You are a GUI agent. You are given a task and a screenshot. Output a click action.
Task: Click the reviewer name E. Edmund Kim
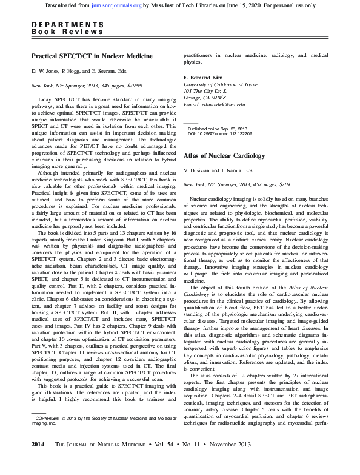[204, 78]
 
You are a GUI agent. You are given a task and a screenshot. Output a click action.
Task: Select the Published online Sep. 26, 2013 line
[218, 129]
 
